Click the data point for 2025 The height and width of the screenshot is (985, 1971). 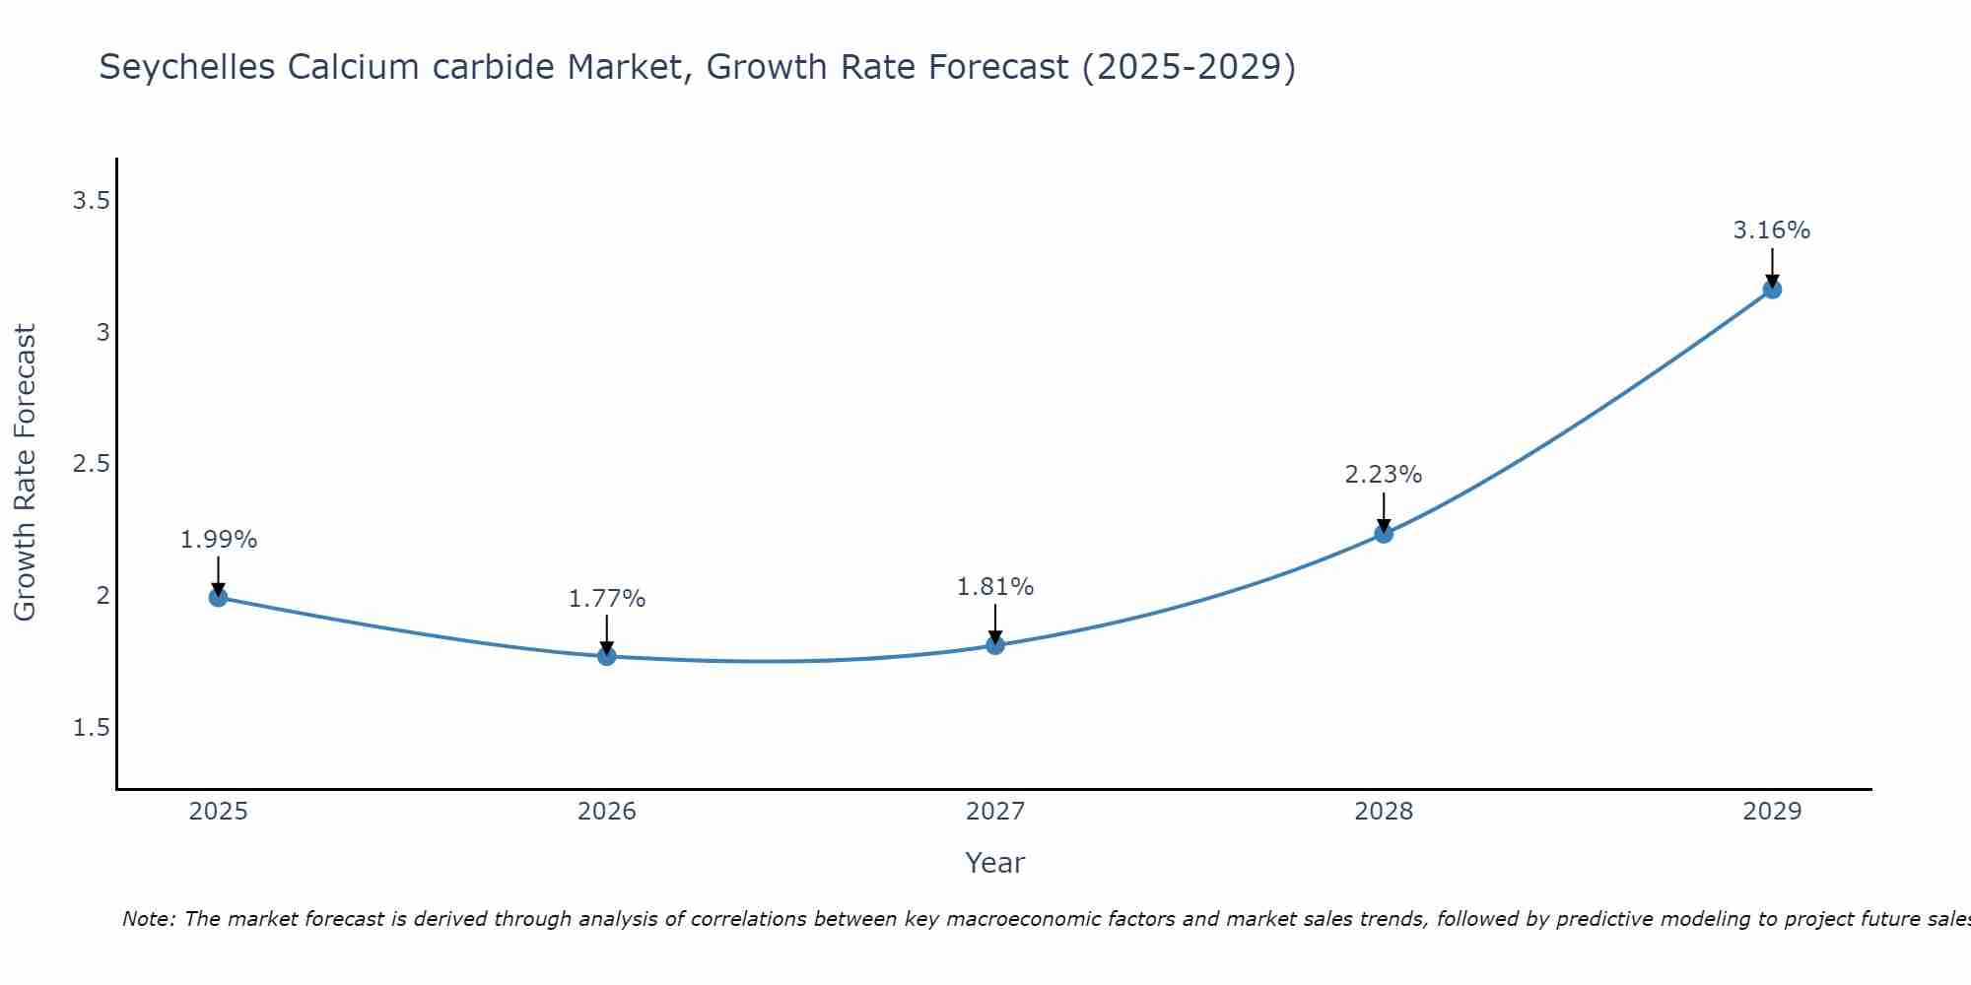(219, 597)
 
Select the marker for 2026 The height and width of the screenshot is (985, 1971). (607, 656)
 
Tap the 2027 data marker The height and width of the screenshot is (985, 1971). (995, 645)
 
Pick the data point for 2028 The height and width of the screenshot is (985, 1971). (1384, 534)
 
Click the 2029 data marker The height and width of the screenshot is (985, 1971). (1772, 290)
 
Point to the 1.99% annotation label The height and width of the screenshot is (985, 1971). (219, 540)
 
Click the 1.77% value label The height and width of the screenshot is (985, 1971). (607, 599)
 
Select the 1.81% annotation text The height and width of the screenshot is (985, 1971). (995, 587)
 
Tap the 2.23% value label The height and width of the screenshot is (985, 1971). (1384, 475)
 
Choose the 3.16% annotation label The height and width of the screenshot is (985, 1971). (1772, 230)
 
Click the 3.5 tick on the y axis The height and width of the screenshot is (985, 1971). (91, 201)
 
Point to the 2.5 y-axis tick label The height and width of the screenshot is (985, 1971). (91, 464)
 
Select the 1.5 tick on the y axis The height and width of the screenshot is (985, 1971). (91, 728)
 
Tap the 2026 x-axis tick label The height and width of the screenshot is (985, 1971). (607, 812)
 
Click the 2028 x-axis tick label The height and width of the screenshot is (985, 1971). (1384, 812)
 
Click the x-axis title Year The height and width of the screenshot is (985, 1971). (995, 863)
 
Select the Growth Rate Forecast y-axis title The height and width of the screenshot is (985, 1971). (26, 473)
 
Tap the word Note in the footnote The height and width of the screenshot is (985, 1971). (148, 919)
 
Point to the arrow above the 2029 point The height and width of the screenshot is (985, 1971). (1772, 266)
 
